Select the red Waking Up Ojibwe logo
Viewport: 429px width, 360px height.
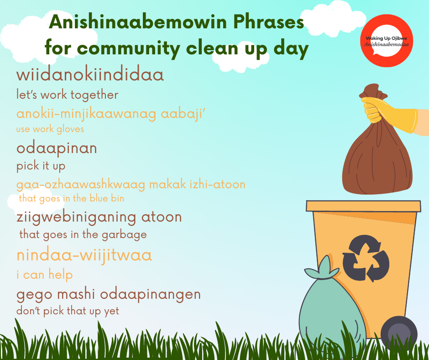386,41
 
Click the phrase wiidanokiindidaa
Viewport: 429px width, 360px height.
90,74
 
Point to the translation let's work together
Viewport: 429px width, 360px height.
67,95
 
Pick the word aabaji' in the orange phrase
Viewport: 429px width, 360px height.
183,114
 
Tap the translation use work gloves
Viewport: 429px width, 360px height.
50,129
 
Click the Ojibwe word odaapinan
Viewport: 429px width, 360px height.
57,148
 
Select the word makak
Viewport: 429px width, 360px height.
167,184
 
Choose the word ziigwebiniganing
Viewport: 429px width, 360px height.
76,217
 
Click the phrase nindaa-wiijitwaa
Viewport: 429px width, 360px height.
84,255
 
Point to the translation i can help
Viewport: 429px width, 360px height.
45,274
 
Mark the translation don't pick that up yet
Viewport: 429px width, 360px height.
68,311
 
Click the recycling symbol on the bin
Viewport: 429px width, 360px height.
366,258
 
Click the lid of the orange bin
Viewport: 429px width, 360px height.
363,206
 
